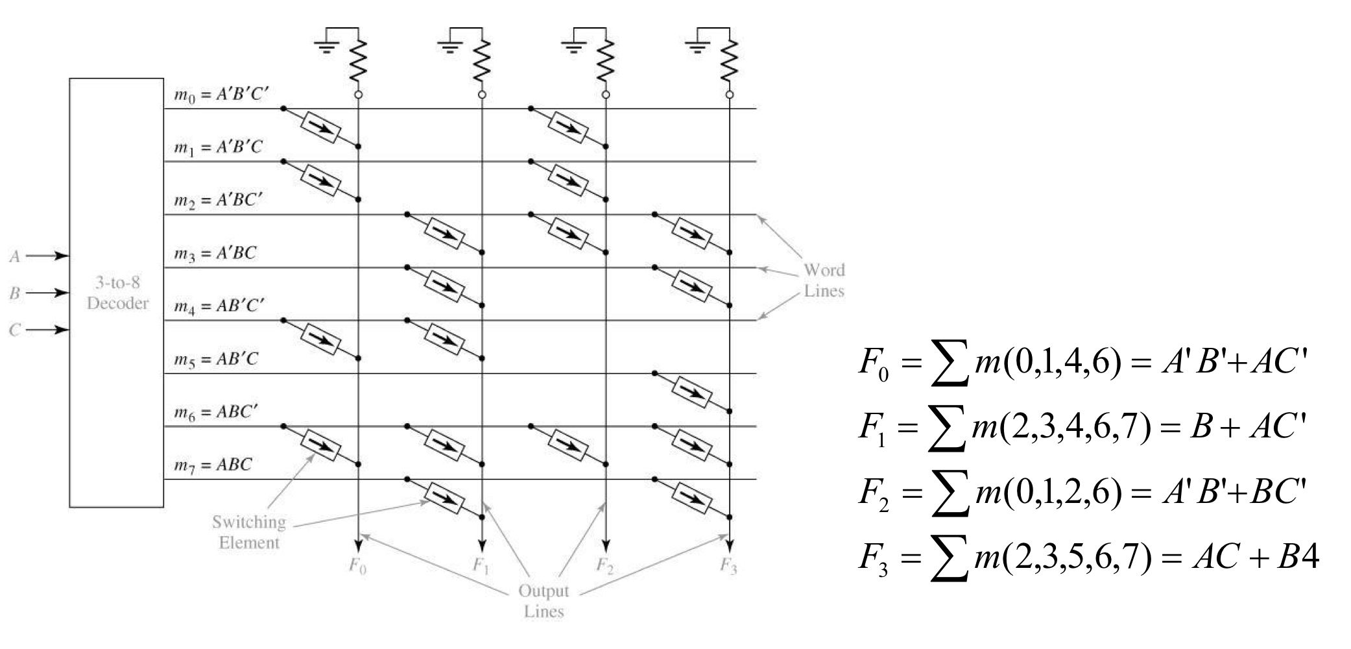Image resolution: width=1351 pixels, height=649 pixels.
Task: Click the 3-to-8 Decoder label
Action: tap(117, 293)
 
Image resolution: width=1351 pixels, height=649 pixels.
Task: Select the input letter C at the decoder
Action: tap(14, 330)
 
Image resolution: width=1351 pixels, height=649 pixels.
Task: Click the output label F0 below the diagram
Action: tap(357, 567)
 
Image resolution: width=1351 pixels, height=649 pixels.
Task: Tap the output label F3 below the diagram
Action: tap(728, 567)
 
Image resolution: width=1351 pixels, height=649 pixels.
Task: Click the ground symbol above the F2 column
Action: tap(573, 45)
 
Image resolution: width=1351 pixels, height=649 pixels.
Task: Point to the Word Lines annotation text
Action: tap(824, 280)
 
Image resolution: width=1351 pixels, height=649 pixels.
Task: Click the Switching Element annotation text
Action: tap(249, 532)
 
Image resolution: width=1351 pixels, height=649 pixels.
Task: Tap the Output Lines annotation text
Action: tap(544, 601)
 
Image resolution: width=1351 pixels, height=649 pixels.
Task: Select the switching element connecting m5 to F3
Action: tap(692, 392)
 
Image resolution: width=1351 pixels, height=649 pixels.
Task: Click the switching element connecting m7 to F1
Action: tap(444, 498)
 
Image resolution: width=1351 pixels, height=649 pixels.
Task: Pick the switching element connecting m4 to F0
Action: tap(320, 339)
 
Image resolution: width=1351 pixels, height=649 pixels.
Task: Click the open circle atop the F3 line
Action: tap(730, 95)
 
